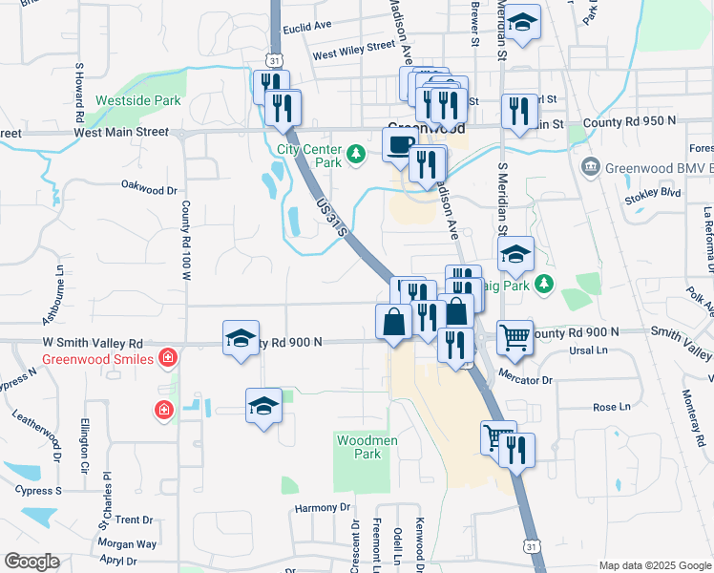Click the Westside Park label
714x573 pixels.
pyautogui.click(x=138, y=99)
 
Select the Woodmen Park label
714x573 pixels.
pyautogui.click(x=359, y=447)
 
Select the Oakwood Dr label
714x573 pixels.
pyautogui.click(x=150, y=188)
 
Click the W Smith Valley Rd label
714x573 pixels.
pyautogui.click(x=92, y=342)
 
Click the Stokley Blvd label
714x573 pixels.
pyautogui.click(x=653, y=192)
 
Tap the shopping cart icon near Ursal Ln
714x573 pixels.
pyautogui.click(x=514, y=335)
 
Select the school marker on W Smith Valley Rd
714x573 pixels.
pyautogui.click(x=241, y=338)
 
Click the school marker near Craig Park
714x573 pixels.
pyautogui.click(x=515, y=254)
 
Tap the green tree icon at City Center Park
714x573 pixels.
pyautogui.click(x=356, y=153)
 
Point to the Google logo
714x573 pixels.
pyautogui.click(x=31, y=562)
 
